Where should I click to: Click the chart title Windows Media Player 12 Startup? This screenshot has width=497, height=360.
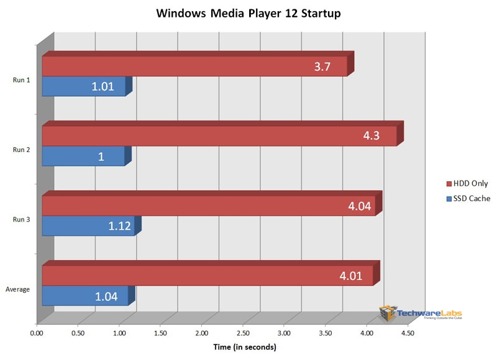(248, 13)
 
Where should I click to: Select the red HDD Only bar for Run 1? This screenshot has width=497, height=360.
(186, 66)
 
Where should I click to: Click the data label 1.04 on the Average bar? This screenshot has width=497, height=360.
(106, 296)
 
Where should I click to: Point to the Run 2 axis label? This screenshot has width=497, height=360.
(22, 149)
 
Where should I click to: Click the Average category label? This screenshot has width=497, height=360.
(18, 289)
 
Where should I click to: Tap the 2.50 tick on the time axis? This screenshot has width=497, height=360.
(243, 333)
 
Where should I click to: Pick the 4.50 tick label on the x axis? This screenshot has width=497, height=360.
(408, 333)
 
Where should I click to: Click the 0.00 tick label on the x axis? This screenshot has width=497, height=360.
(37, 333)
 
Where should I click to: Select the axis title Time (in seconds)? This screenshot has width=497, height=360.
(244, 347)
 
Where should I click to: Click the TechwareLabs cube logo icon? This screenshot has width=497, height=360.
(389, 313)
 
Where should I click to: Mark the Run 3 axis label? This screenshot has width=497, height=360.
(22, 219)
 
